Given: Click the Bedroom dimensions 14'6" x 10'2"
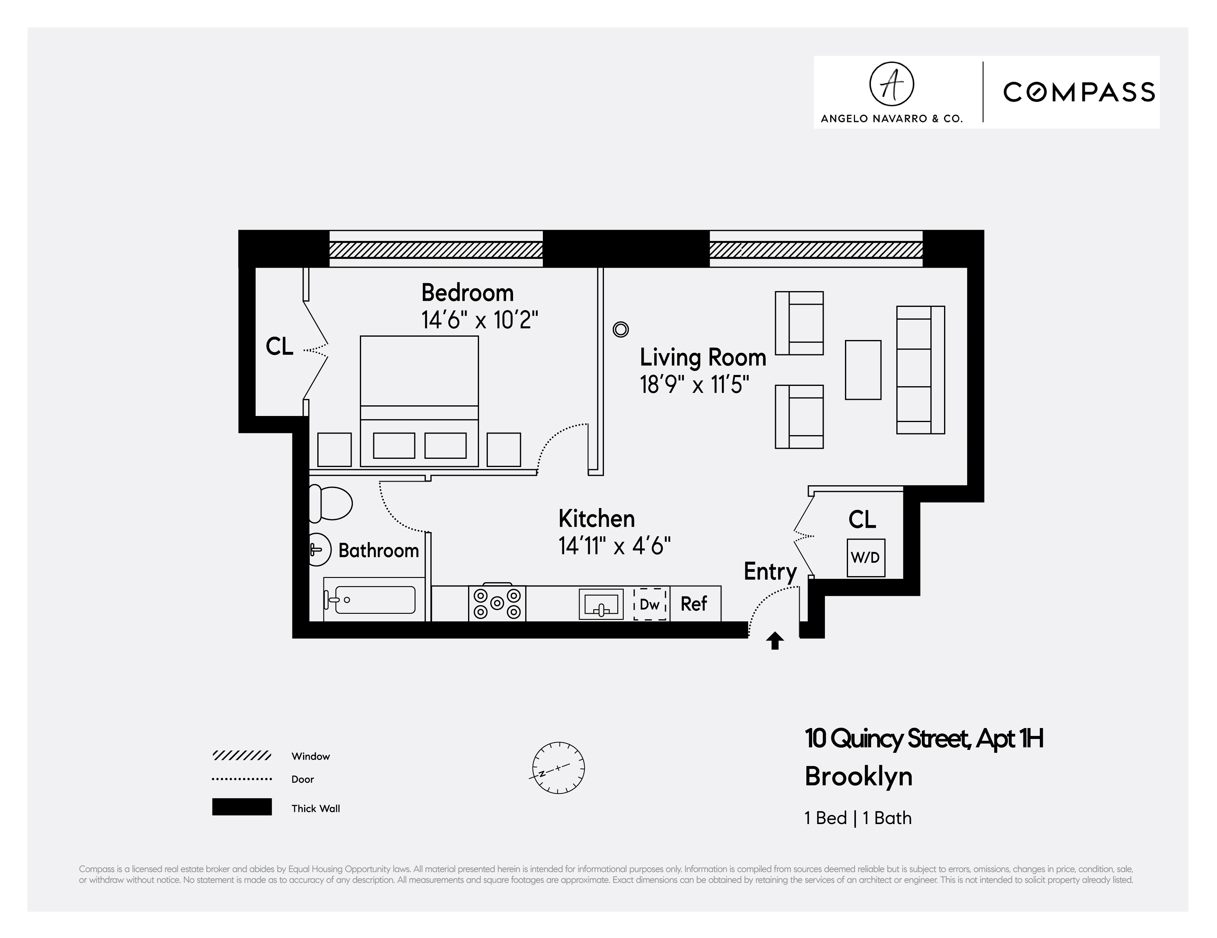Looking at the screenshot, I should tap(479, 320).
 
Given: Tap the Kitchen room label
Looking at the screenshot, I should tap(596, 519).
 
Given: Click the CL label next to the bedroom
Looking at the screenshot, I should tap(279, 346).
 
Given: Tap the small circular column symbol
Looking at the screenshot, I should tap(620, 330).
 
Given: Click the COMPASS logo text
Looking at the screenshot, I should tap(1079, 92).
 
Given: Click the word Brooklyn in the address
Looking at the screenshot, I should tap(858, 776).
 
